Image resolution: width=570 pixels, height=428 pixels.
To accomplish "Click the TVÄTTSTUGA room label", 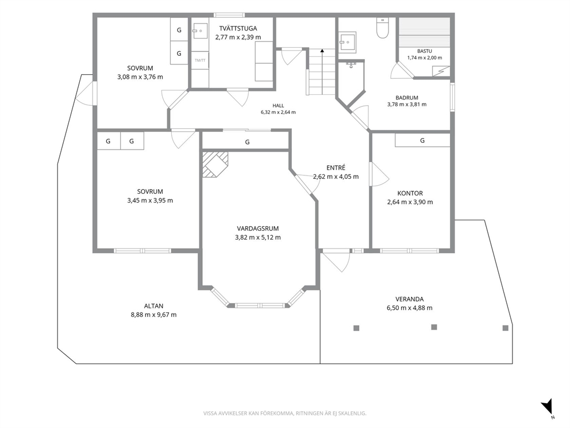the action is coord(238,28).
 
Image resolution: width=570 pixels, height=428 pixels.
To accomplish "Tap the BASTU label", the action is coord(425,51).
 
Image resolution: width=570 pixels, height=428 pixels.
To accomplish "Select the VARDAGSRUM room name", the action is coord(258,228).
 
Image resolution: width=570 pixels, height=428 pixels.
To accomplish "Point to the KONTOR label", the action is coord(410,193).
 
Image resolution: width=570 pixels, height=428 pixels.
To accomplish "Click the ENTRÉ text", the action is coord(336,168).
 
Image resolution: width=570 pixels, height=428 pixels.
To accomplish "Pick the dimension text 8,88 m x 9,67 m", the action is coord(154,315).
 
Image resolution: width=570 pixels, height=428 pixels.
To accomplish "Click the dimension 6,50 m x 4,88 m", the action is coord(410,308).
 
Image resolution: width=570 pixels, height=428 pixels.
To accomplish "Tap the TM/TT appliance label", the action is coord(200,60).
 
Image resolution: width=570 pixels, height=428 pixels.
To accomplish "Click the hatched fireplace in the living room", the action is coord(215,164).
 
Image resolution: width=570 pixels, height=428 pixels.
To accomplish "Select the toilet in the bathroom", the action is coord(383,28).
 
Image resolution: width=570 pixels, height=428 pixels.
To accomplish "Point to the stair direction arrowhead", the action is coord(322,51).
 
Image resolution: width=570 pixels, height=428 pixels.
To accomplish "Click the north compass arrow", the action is coord(547,406).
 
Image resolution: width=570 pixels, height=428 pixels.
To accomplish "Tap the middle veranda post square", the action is coord(434,327).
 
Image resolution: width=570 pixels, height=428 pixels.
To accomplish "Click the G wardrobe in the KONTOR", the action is coord(422,140).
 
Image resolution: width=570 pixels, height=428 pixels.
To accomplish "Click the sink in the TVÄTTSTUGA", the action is coord(200,31).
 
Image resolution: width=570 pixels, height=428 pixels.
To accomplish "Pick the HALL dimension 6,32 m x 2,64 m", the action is coord(278,112).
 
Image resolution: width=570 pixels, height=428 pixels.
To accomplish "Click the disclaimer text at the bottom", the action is coord(284,413).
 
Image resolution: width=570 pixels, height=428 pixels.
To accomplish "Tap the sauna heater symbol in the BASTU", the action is coord(441,71).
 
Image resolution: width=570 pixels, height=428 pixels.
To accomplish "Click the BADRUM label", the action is coord(407,98).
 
